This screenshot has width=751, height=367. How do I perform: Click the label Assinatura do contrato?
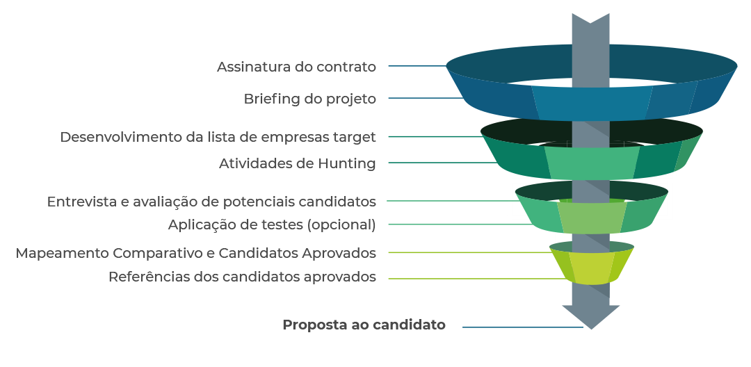pos(296,67)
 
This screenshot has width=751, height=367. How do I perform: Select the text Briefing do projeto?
pos(309,99)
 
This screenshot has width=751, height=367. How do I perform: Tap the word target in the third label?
pos(356,137)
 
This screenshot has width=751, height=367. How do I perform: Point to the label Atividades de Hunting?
pos(297,164)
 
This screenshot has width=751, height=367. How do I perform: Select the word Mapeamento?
pos(62,253)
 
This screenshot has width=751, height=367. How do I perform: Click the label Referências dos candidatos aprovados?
pos(242,277)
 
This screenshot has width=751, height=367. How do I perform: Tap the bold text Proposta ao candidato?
pos(364,325)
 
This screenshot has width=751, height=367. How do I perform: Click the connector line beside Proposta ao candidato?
pos(522,327)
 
